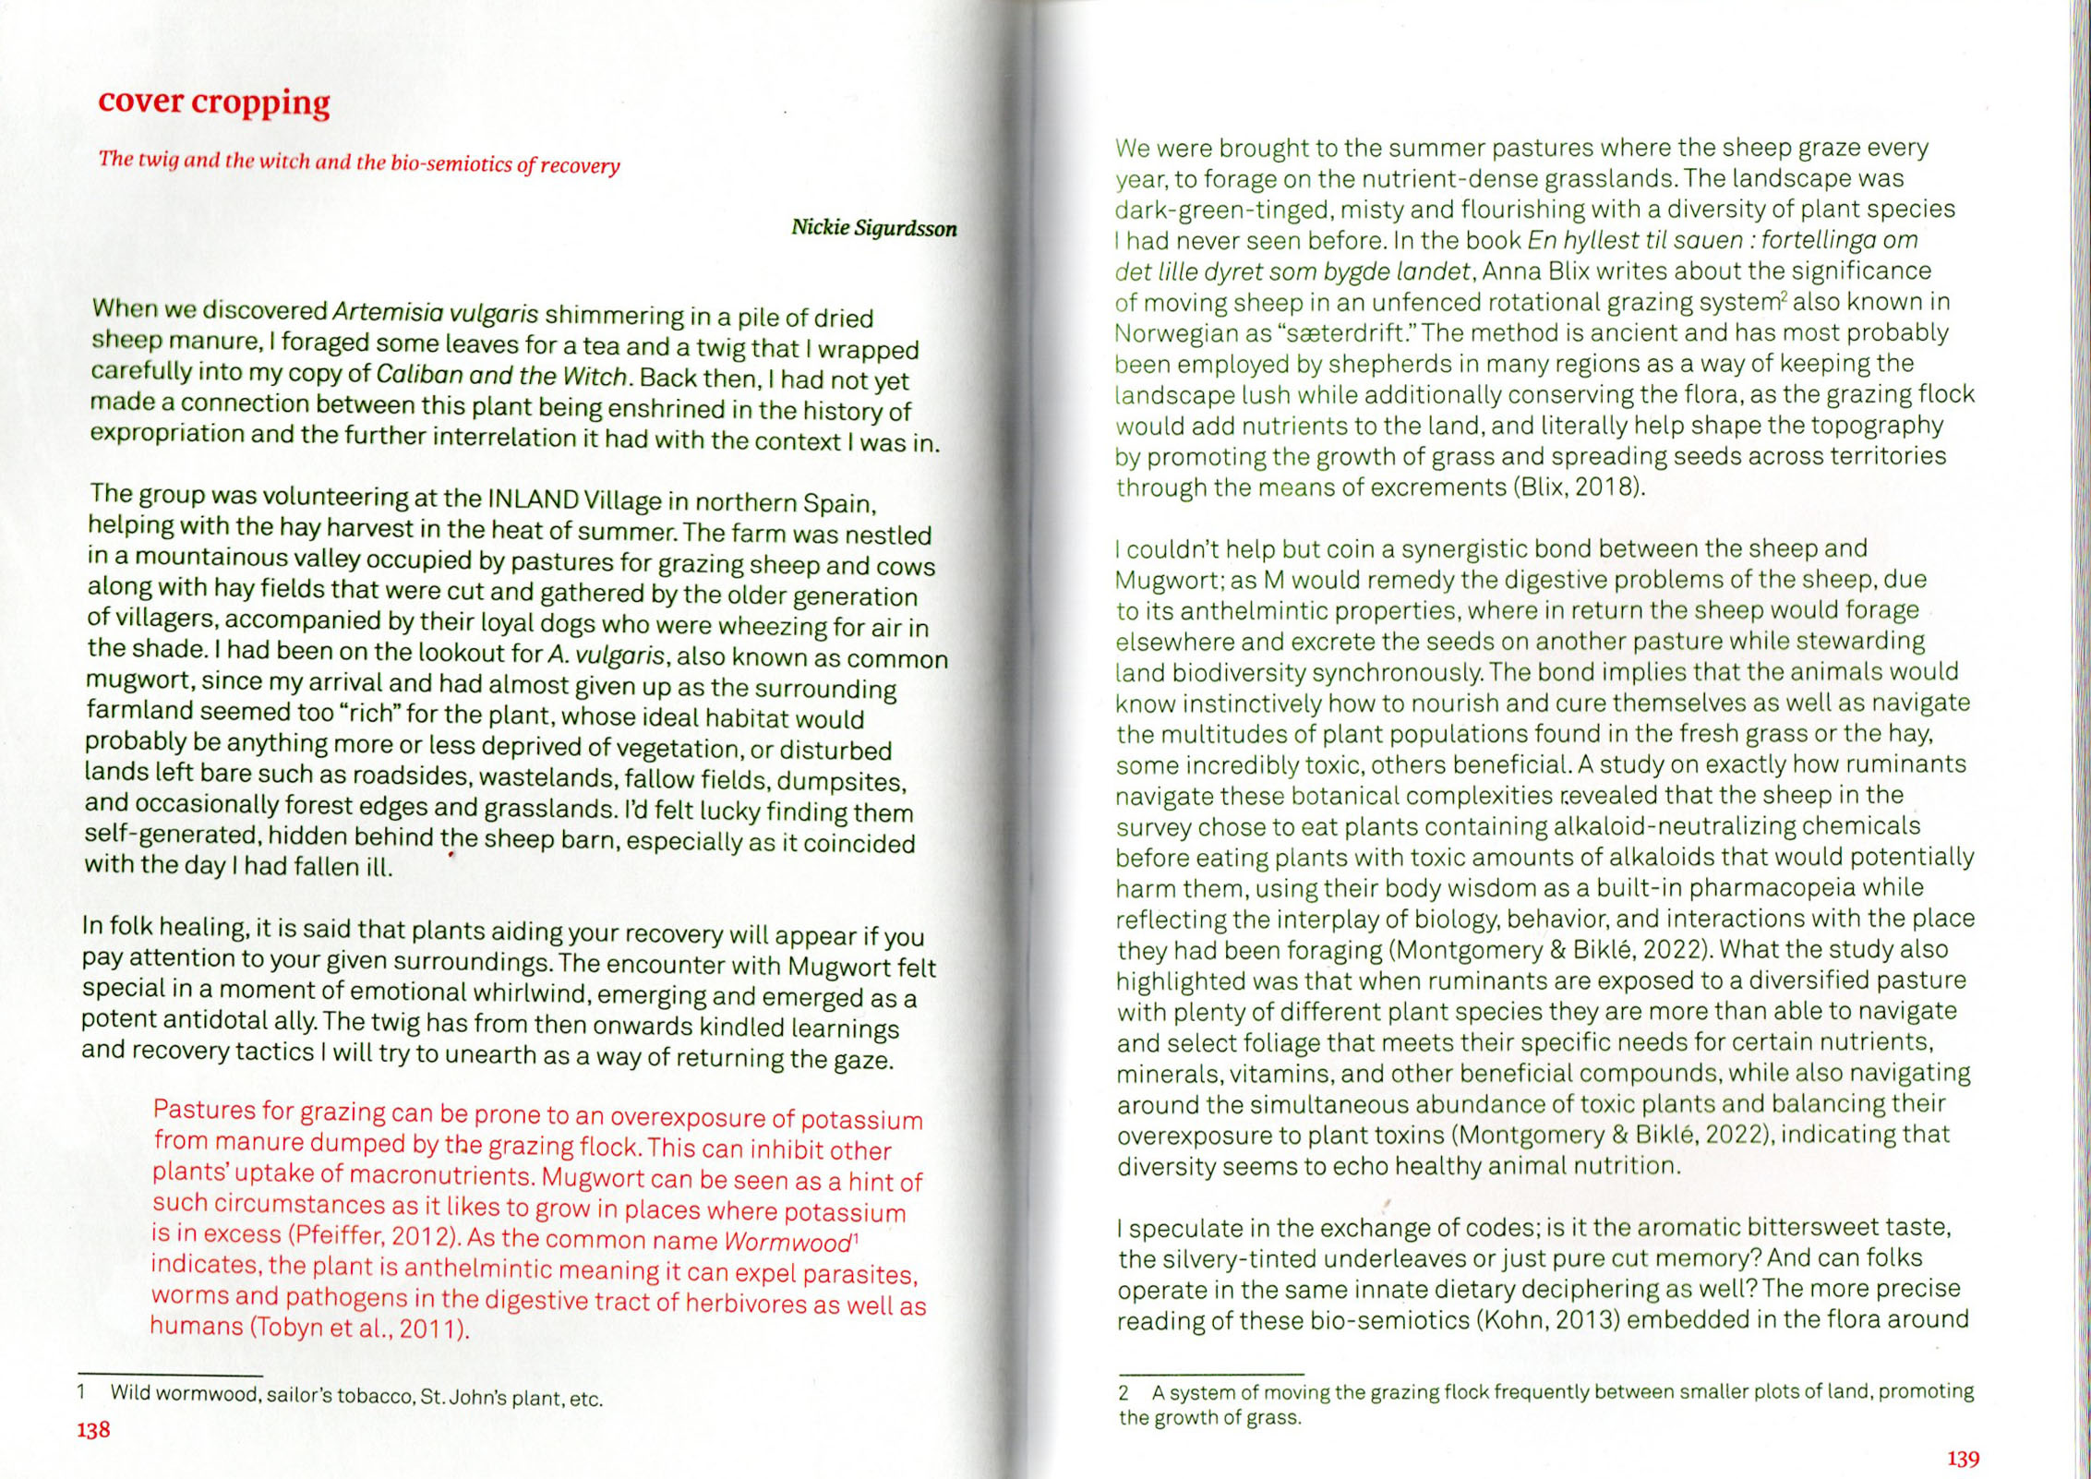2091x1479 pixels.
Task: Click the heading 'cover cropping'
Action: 213,102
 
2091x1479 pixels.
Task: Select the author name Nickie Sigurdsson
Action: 873,228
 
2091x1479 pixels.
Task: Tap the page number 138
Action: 93,1429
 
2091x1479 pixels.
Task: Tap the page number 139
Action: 1963,1459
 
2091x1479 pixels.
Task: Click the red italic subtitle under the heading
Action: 359,162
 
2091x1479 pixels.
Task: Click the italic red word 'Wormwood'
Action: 787,1242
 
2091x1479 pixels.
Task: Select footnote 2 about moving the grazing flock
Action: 1545,1403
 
